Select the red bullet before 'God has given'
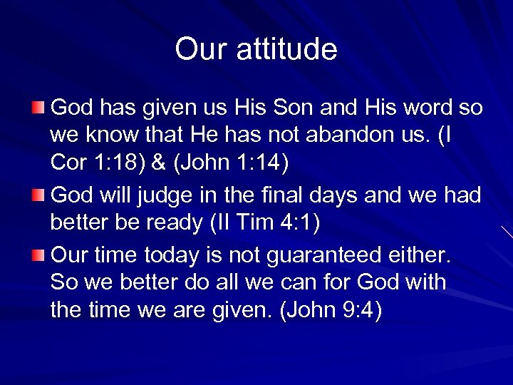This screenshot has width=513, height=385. (x=38, y=108)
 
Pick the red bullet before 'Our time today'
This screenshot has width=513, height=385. (x=38, y=254)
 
